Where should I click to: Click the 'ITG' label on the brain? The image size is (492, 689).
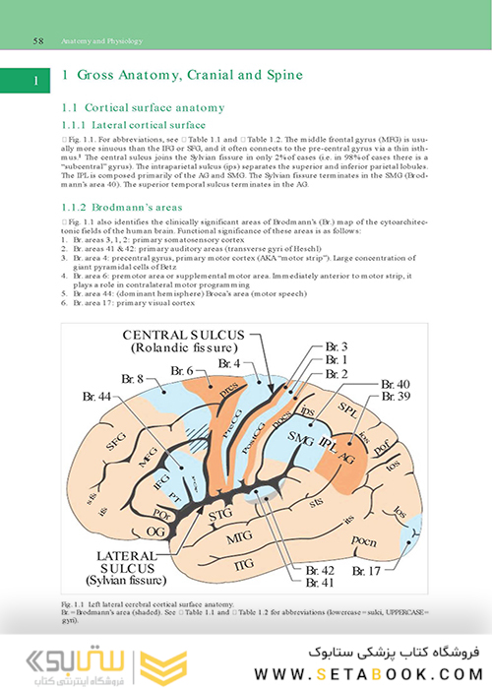[241, 562]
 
